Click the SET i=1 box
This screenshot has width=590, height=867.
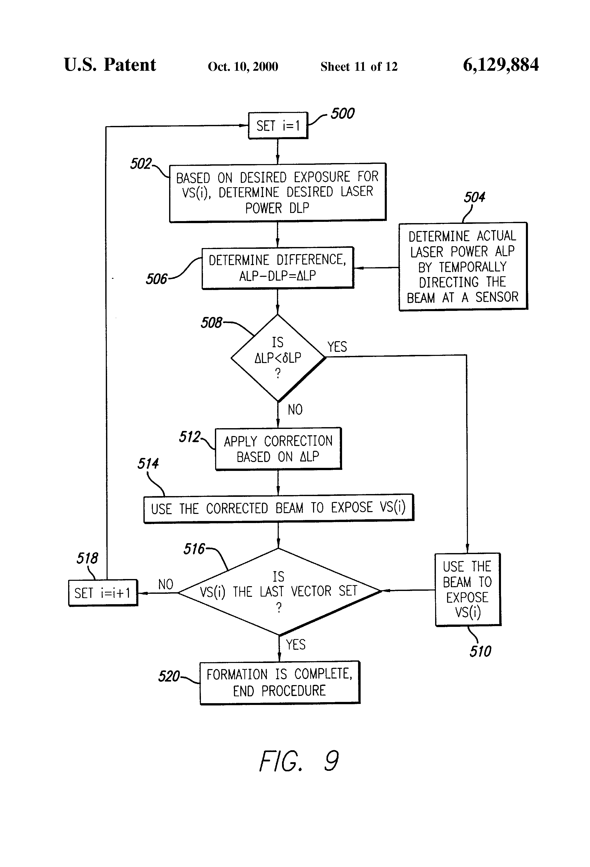[278, 126]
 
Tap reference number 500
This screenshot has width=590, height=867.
[342, 113]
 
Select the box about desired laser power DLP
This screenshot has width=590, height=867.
[277, 193]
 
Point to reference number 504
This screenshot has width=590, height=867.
[474, 197]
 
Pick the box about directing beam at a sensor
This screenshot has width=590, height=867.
[463, 266]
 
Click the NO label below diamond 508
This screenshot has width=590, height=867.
[295, 410]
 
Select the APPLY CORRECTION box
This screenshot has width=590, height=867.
[278, 449]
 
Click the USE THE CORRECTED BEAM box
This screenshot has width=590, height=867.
[278, 508]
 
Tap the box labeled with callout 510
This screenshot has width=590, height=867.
[468, 589]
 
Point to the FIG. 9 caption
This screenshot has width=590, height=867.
[299, 761]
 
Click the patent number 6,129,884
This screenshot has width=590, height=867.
[500, 65]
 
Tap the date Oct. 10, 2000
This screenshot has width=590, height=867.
[243, 66]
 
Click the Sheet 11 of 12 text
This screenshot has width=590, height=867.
[359, 66]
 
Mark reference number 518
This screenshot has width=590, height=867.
[87, 558]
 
